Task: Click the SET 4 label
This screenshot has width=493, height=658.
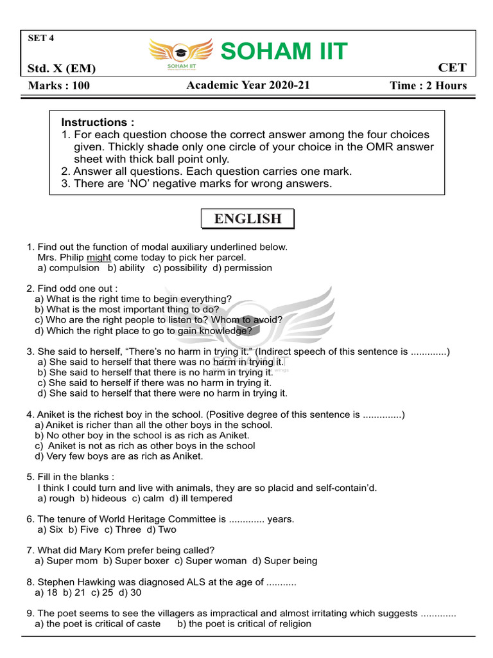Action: coord(41,38)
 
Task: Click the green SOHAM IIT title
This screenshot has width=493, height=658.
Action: coord(284,51)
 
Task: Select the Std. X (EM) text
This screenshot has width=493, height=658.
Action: coord(62,69)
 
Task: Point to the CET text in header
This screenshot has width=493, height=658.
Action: coord(452,68)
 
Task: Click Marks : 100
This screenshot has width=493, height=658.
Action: coord(59,86)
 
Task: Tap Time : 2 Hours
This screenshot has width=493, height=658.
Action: coord(428,86)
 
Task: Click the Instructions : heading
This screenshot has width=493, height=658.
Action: coord(98,122)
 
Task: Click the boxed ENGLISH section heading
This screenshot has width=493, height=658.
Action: coord(247,219)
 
